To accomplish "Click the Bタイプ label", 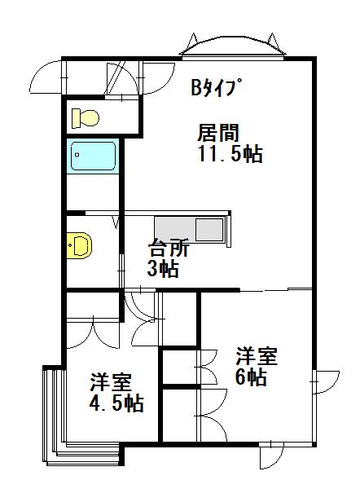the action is point(215,87).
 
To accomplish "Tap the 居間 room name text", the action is point(218,133).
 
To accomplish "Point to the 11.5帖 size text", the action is point(230,154).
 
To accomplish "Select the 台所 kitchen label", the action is point(169,248).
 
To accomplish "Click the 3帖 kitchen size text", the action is point(163,268).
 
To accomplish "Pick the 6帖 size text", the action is point(251,377).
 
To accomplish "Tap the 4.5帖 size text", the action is point(116,403).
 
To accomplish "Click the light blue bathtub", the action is point(93,156).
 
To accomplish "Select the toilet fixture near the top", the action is point(86,118).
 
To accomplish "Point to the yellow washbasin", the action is point(80,245).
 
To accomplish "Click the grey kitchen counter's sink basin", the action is point(209,229).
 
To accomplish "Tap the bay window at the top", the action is point(233,47).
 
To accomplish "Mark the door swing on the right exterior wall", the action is point(326,382).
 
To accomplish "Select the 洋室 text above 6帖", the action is point(257,356).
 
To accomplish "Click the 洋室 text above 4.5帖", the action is point(111,382).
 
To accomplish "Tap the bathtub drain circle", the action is point(77,156).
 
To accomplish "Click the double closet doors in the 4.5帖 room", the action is point(93,333).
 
